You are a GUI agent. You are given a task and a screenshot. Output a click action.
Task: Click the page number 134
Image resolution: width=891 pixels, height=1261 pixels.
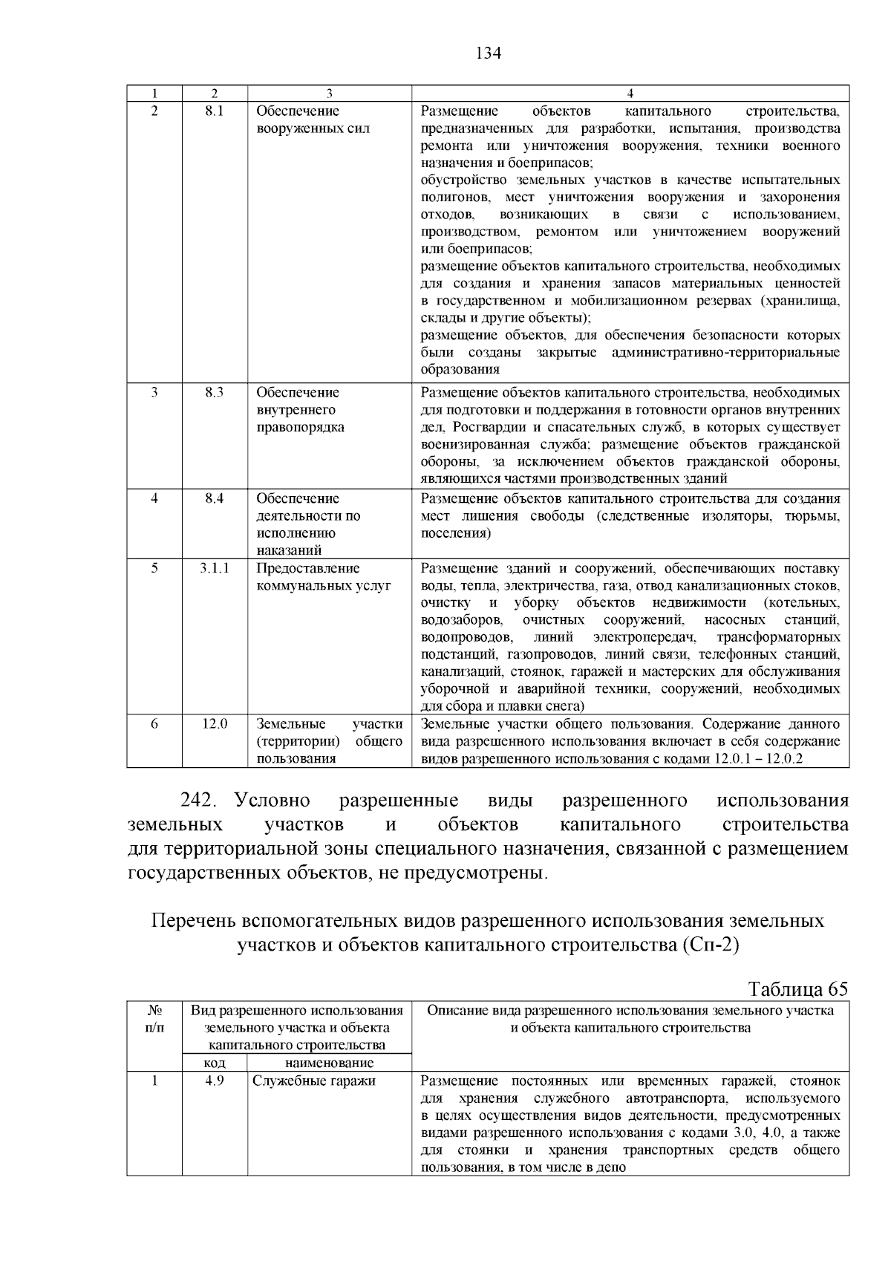(x=488, y=53)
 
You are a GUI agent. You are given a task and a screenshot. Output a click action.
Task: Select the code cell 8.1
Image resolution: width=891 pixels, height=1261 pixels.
(x=214, y=111)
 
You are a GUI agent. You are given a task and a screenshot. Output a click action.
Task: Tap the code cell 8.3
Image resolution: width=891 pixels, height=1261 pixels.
(x=214, y=393)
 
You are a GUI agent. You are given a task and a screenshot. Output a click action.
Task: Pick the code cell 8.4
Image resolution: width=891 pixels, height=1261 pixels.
(x=214, y=498)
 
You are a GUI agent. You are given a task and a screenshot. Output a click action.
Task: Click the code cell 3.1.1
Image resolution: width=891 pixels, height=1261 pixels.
(x=214, y=568)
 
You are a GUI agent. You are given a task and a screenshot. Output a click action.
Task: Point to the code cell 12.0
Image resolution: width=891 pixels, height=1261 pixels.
(x=214, y=724)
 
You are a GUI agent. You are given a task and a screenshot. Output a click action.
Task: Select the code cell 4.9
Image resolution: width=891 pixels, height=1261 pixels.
(x=214, y=1081)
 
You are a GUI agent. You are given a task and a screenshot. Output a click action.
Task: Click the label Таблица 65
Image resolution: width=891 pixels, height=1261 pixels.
(x=797, y=989)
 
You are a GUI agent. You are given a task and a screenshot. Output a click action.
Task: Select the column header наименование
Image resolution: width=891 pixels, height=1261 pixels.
(x=329, y=1063)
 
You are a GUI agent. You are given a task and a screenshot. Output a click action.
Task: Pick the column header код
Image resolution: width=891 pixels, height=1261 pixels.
(x=214, y=1063)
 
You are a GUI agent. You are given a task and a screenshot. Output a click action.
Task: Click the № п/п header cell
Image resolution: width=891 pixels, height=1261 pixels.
(x=154, y=1019)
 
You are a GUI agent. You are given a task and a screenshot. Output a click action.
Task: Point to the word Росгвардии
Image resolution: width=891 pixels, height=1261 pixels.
(x=484, y=428)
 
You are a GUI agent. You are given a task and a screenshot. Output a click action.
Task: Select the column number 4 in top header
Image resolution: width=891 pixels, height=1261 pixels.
(x=630, y=94)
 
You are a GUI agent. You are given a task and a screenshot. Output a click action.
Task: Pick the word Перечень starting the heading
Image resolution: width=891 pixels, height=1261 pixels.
(x=193, y=921)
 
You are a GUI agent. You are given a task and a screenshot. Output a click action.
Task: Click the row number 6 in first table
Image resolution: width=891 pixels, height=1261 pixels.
(x=154, y=724)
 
